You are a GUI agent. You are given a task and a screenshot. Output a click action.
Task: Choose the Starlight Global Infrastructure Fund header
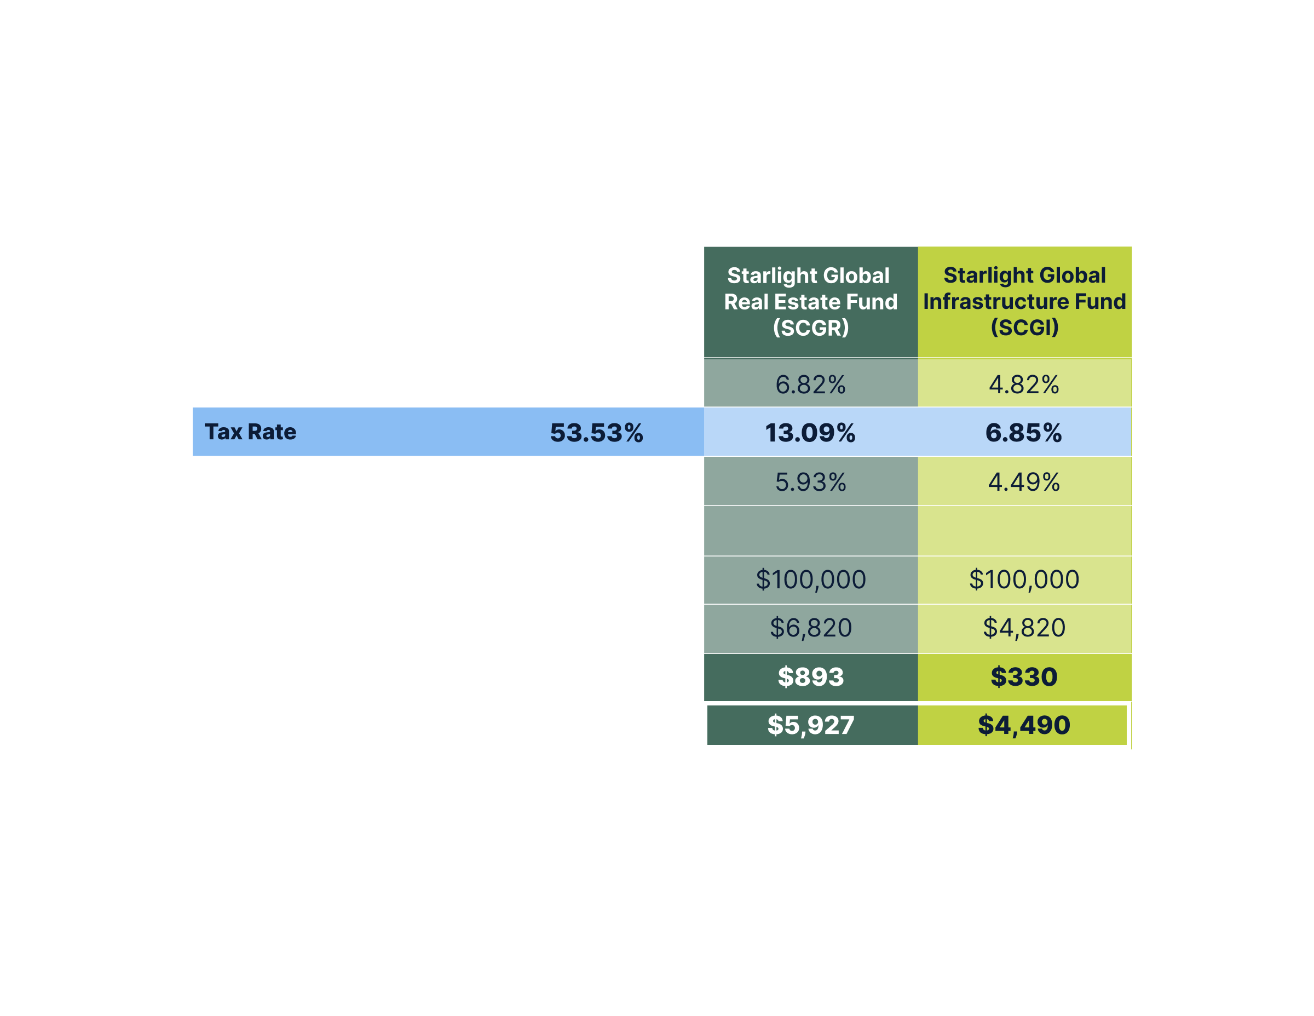(x=1024, y=301)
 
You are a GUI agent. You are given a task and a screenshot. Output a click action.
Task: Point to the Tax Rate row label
(x=250, y=432)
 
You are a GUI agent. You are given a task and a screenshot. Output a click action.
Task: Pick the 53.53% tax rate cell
(x=596, y=433)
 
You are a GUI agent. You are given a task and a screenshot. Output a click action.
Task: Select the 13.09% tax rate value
(x=810, y=433)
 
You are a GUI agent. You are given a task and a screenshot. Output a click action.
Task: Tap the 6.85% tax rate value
(x=1023, y=433)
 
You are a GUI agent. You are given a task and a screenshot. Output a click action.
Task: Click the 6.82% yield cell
(x=810, y=384)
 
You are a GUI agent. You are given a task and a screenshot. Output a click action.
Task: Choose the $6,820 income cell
(x=810, y=628)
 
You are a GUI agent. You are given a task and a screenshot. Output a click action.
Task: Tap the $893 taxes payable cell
(x=810, y=676)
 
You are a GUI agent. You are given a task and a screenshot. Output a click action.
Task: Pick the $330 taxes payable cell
(x=1023, y=676)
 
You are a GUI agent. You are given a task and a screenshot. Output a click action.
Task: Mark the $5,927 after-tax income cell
(x=810, y=725)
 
